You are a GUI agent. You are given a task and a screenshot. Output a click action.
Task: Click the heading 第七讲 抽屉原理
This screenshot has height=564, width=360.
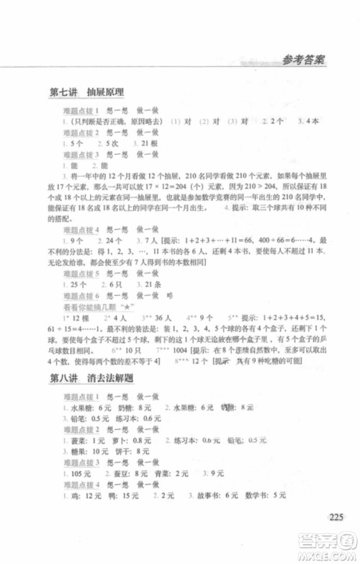tap(86, 93)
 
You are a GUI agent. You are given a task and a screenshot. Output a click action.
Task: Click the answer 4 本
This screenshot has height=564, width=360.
tap(307, 122)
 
